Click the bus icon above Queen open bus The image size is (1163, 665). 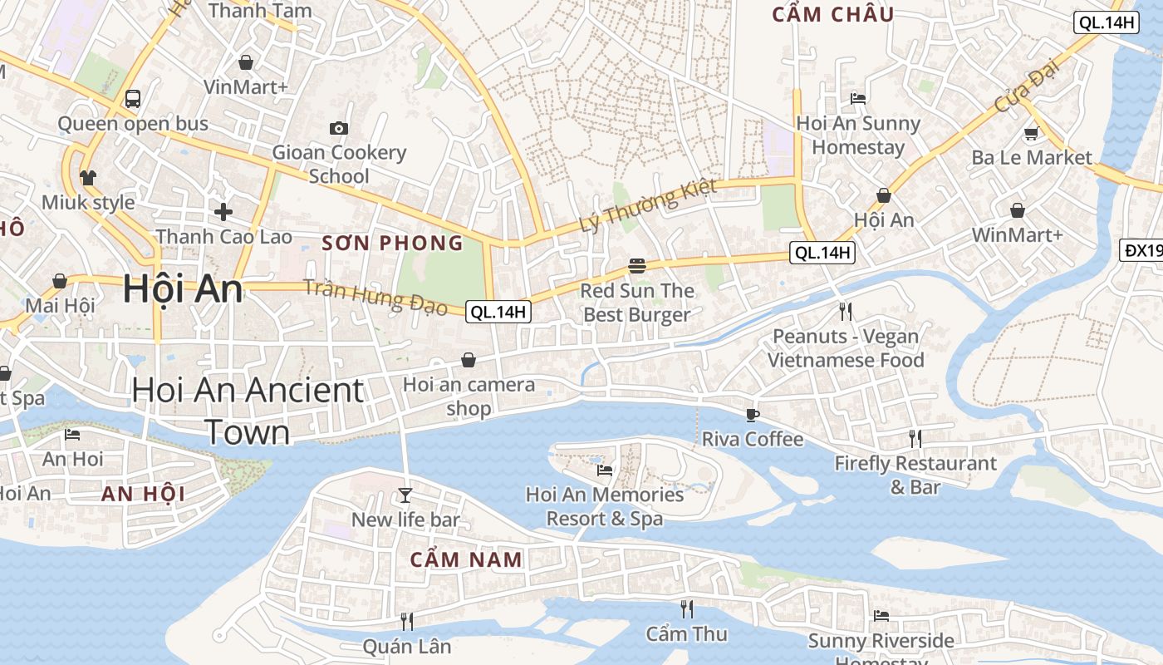coord(132,99)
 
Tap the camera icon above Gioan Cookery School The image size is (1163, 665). coord(338,128)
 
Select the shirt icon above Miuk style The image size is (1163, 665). coord(88,177)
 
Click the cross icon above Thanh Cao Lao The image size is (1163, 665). coord(223,212)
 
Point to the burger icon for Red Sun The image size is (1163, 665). coord(637,266)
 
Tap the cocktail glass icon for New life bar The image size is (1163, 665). coord(405,495)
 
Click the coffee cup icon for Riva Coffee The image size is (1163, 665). coord(753,415)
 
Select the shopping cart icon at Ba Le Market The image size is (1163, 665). coord(1031,133)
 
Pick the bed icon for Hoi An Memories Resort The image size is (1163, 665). coord(605,470)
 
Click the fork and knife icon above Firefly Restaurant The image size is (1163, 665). coord(915,438)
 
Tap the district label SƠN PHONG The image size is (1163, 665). coord(392,243)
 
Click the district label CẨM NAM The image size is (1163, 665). coord(466,559)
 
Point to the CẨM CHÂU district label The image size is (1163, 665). coord(832,14)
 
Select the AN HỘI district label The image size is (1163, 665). coord(143,494)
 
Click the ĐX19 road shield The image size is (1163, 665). coord(1143,250)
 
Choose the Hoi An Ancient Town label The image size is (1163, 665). coord(248,411)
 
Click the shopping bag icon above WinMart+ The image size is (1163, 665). coord(1017,211)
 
